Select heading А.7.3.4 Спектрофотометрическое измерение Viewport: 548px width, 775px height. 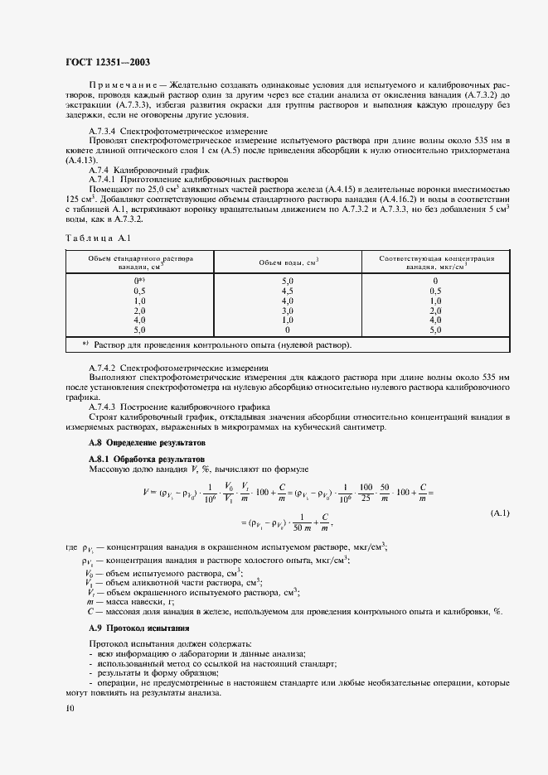pos(177,132)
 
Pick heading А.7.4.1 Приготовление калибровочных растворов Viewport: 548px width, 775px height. pos(188,179)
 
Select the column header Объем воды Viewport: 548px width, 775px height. pos(289,262)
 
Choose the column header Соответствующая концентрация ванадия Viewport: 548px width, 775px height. pos(436,262)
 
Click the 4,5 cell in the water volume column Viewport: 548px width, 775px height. pos(288,291)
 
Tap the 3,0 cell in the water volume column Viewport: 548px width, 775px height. pos(288,310)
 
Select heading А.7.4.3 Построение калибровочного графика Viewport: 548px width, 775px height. pos(179,407)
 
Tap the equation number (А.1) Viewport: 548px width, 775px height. pos(501,514)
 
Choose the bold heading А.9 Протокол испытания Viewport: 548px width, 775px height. pos(133,628)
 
